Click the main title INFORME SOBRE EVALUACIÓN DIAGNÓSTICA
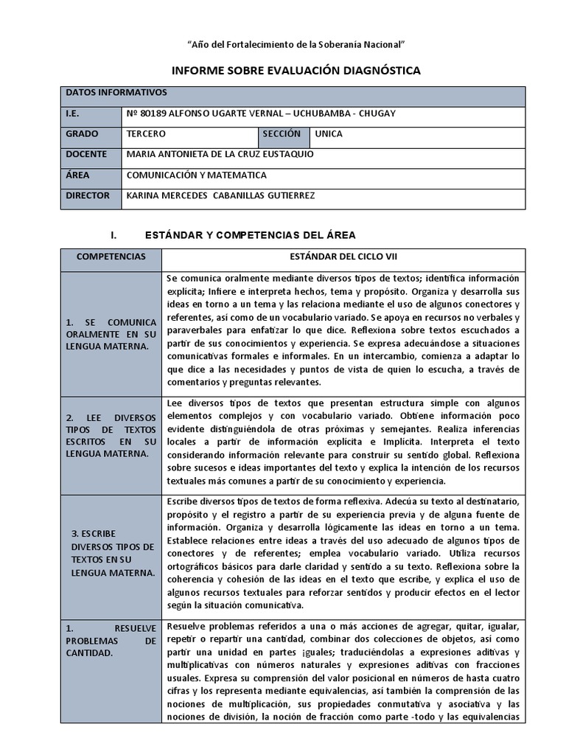(x=296, y=71)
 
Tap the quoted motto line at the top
(x=296, y=45)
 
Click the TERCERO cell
(x=147, y=135)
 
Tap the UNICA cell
(x=329, y=135)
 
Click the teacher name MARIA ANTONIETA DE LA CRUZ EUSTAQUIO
(x=220, y=156)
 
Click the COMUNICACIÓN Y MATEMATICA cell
(x=196, y=175)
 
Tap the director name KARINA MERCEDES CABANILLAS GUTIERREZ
(x=221, y=196)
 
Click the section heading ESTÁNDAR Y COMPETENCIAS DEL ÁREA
(x=250, y=235)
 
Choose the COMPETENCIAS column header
(x=111, y=258)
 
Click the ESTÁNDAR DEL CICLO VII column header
(x=343, y=258)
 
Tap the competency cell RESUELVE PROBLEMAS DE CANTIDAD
(x=111, y=641)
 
